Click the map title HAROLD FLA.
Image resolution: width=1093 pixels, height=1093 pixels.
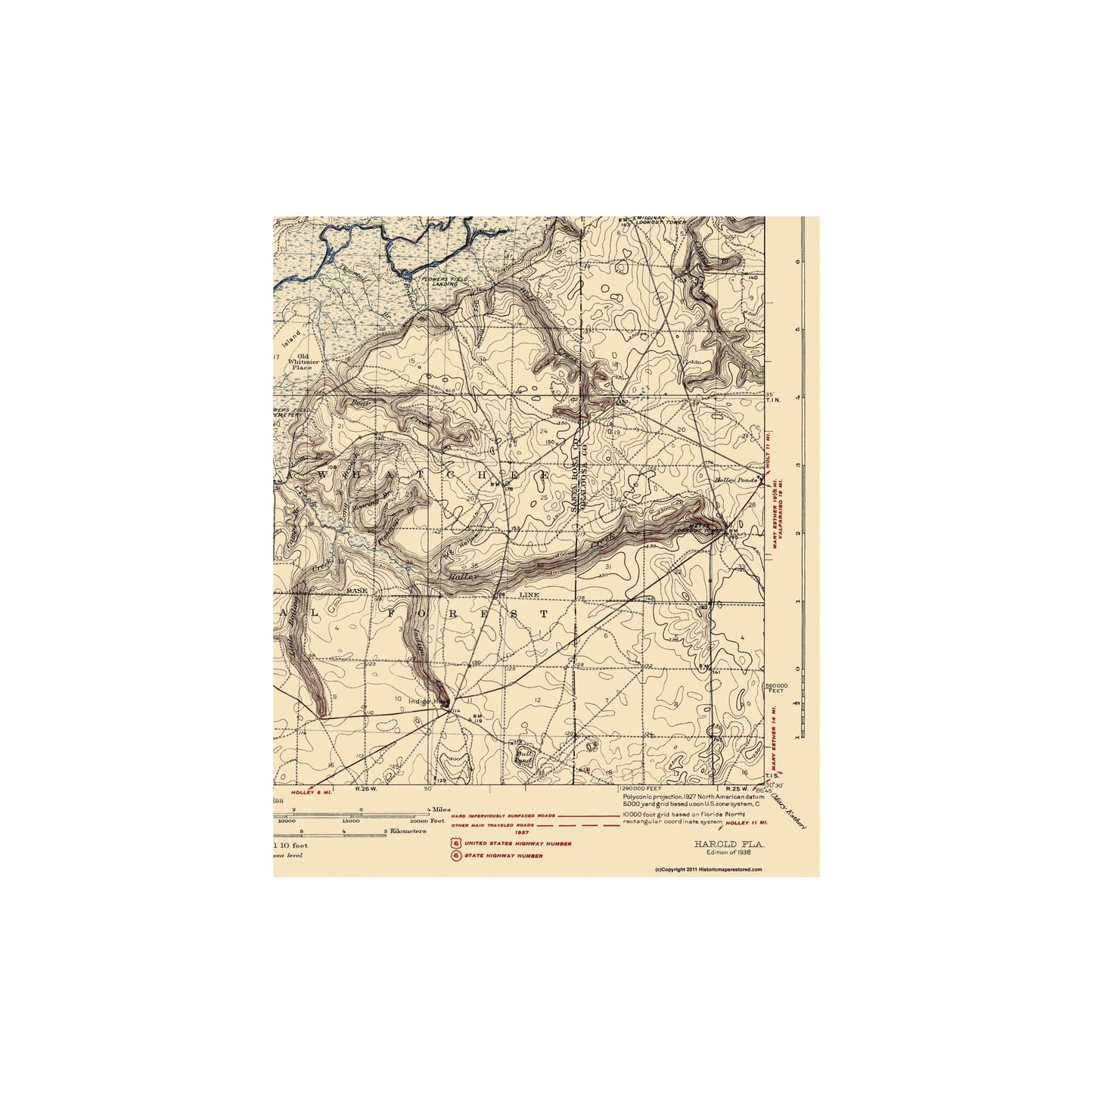(x=729, y=843)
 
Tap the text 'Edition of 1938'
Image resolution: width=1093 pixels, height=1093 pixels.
(x=729, y=852)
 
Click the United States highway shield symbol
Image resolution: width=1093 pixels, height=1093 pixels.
(x=455, y=843)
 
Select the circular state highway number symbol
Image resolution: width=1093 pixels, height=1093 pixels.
(x=455, y=855)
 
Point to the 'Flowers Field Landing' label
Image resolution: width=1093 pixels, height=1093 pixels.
(x=451, y=281)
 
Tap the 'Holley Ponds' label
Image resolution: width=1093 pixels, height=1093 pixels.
(x=731, y=480)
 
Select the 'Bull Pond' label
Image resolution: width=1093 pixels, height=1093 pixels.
(x=523, y=756)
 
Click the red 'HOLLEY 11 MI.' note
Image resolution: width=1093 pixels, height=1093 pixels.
(x=747, y=822)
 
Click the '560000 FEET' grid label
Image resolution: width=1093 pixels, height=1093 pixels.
(x=778, y=688)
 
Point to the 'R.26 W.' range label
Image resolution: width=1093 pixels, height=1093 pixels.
(x=366, y=788)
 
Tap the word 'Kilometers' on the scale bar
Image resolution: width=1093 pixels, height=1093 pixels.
(x=408, y=831)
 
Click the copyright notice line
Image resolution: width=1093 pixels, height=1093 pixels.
(x=709, y=870)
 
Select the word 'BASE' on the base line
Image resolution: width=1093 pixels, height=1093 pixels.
(x=356, y=591)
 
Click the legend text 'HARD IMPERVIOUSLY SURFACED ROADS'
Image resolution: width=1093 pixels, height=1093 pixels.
(x=503, y=816)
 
